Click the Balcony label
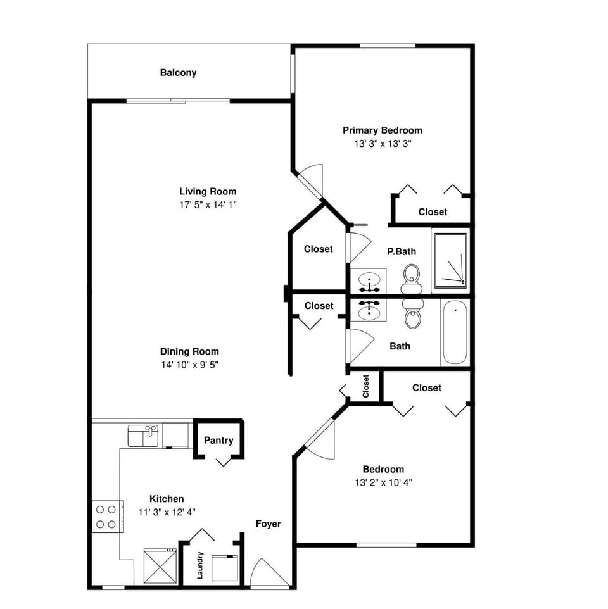click(178, 73)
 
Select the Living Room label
click(208, 191)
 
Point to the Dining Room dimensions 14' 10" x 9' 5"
click(190, 365)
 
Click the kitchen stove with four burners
click(106, 516)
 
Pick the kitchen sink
click(143, 436)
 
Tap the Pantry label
click(218, 441)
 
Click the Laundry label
click(200, 565)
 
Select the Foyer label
click(268, 524)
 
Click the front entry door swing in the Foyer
click(262, 573)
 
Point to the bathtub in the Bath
click(455, 332)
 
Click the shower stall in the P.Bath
click(451, 259)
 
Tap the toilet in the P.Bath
click(412, 278)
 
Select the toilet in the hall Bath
click(412, 313)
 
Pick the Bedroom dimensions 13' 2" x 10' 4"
click(383, 482)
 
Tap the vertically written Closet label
click(366, 386)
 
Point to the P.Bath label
click(402, 252)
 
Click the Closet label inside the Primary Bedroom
click(433, 212)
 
